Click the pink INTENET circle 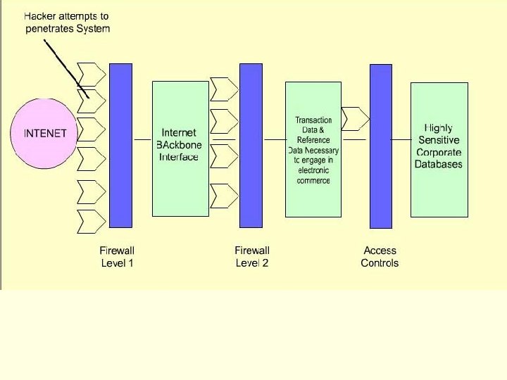point(45,134)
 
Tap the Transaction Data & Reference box point(313,149)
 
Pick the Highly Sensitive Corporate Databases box point(439,149)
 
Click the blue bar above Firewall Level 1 point(120,145)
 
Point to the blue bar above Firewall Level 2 point(251,145)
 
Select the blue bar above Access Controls point(381,146)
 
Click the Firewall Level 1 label point(117,257)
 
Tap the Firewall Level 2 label point(251,257)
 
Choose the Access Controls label point(380,257)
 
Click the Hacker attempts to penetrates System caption point(67,23)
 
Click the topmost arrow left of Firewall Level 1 point(90,74)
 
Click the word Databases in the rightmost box point(439,164)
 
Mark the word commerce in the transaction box point(313,180)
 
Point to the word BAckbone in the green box point(180,144)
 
